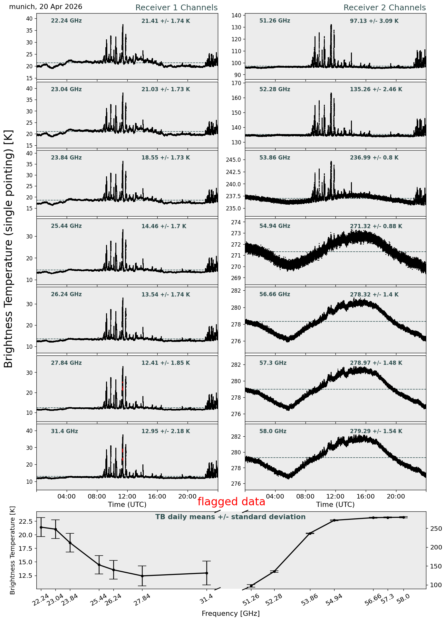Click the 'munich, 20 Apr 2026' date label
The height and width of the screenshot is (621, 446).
coord(45,7)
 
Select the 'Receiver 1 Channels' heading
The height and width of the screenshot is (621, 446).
coord(176,8)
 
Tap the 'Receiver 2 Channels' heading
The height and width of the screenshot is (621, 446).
coord(384,8)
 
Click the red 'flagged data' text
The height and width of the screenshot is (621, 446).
coord(231,502)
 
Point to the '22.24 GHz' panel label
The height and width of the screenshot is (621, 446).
coord(66,21)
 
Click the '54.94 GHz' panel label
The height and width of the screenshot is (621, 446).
coord(275,226)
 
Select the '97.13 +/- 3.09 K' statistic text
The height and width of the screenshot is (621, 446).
coord(374,21)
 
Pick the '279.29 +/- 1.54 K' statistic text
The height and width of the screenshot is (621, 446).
coord(376,431)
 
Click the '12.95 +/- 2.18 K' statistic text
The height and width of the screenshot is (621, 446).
coord(166,431)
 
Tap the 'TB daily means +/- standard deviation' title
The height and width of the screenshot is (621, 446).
coord(230,517)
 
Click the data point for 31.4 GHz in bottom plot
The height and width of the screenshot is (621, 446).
coord(207,573)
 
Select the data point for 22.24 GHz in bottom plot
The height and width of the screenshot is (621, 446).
coord(41,527)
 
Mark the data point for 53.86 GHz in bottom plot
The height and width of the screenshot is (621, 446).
coord(310,534)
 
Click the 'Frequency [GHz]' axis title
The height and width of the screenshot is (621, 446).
coord(231,614)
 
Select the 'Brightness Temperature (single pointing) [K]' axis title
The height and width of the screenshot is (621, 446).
coord(9,249)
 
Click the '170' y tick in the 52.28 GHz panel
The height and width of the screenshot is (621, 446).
coord(237,83)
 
